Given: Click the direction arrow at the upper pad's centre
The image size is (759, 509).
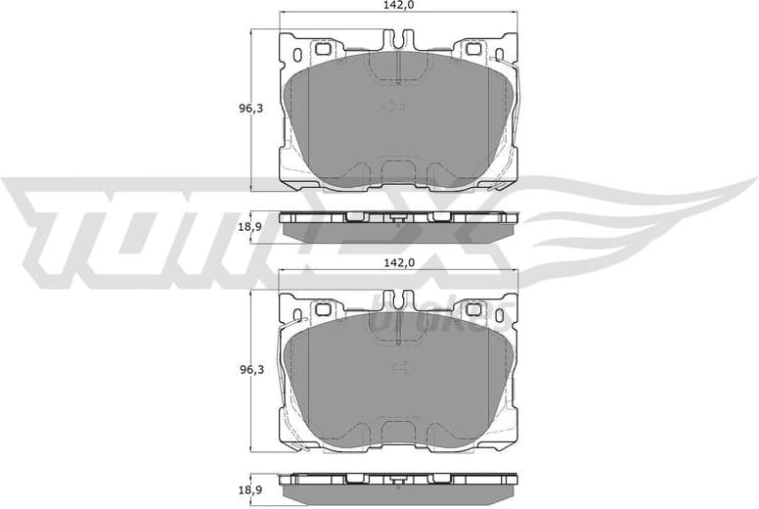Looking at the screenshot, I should pyautogui.click(x=393, y=107).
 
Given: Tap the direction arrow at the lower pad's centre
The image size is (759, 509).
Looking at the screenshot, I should pyautogui.click(x=399, y=368).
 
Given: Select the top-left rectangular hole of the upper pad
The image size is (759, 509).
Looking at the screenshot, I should pyautogui.click(x=323, y=48).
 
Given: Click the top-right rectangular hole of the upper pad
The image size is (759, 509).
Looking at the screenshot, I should pyautogui.click(x=473, y=48).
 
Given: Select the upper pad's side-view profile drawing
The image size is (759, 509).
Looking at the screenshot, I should pyautogui.click(x=398, y=227).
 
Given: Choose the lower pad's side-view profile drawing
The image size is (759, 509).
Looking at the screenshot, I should pyautogui.click(x=398, y=487).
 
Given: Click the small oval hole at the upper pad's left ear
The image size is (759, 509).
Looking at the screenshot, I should pyautogui.click(x=297, y=54).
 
